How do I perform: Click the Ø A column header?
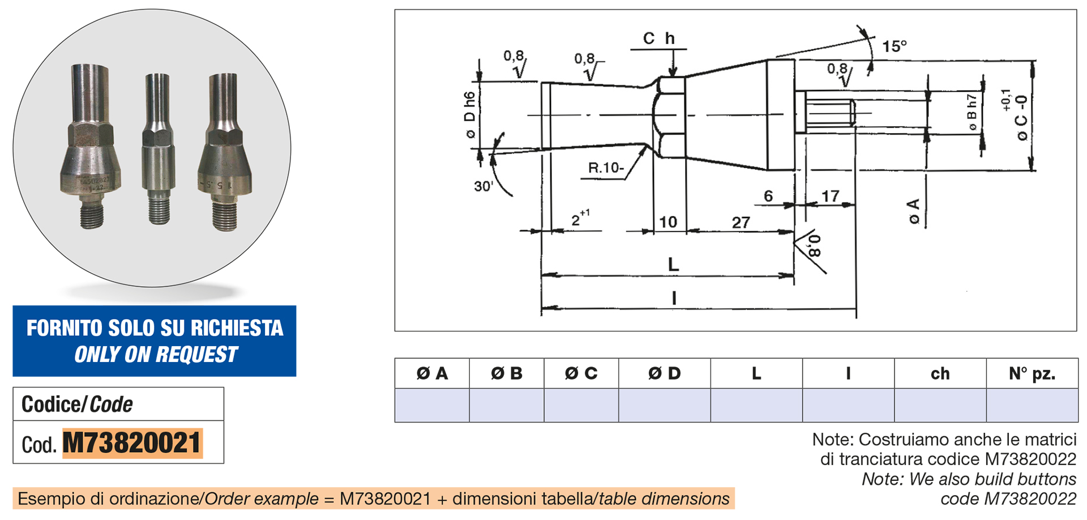[x=432, y=373]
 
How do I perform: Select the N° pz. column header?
[x=1032, y=373]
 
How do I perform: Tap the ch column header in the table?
[x=940, y=373]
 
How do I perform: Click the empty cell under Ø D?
[x=664, y=405]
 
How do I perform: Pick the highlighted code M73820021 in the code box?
[x=132, y=443]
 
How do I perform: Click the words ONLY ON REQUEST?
[x=156, y=355]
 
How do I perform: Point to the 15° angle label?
[x=894, y=46]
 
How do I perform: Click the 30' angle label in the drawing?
[x=483, y=186]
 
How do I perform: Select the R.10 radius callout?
[x=605, y=168]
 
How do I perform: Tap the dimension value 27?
[x=741, y=222]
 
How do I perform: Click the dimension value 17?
[x=830, y=196]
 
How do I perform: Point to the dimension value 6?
[x=768, y=196]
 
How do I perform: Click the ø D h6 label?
[x=469, y=115]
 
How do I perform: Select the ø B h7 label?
[x=972, y=112]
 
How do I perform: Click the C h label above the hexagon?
[x=658, y=39]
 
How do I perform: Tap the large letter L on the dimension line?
[x=673, y=264]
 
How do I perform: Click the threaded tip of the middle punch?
[x=159, y=210]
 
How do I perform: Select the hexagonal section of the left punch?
[x=91, y=135]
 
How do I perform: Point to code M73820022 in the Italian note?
[x=1030, y=459]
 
